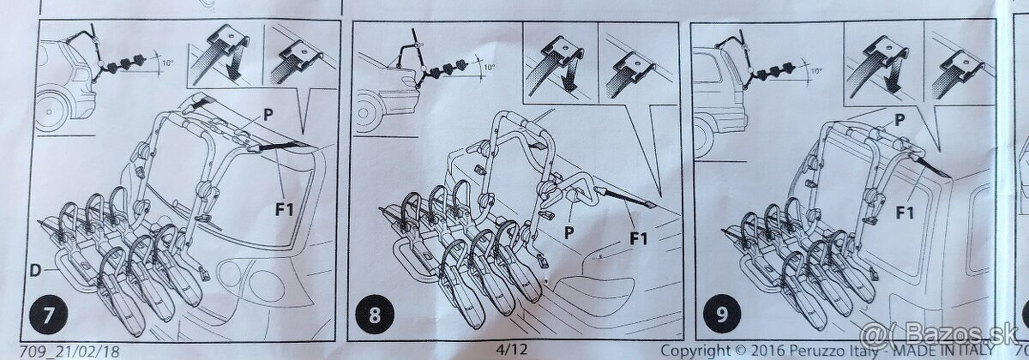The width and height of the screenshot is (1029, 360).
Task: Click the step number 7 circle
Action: tap(49, 315)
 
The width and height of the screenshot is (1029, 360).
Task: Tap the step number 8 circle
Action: tap(375, 315)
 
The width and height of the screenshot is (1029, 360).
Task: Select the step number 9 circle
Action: tap(722, 314)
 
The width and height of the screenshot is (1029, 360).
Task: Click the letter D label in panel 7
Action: tap(35, 271)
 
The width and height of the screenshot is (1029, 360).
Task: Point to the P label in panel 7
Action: tap(268, 114)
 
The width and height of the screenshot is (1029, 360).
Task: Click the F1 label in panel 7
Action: tap(285, 209)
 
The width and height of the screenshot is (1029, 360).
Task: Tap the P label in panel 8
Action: tap(569, 232)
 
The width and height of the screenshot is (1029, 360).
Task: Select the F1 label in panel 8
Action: tap(639, 239)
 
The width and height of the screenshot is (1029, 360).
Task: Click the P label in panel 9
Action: tap(900, 120)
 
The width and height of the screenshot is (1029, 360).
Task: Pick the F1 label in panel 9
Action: tap(905, 213)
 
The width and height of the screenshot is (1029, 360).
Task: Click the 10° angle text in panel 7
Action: tap(168, 63)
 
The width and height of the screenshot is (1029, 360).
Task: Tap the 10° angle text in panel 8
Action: tap(490, 68)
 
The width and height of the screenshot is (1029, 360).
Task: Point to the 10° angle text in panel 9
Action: tap(815, 71)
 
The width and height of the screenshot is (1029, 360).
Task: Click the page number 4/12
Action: tap(512, 350)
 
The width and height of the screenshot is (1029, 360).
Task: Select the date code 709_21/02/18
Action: tap(69, 352)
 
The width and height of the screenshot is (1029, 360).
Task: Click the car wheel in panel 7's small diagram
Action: tap(50, 111)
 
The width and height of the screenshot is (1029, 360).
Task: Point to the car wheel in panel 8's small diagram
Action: tap(364, 111)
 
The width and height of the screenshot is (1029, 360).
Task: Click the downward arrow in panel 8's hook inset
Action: tap(570, 77)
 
